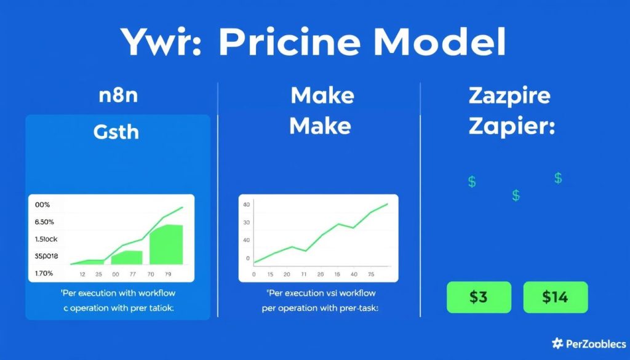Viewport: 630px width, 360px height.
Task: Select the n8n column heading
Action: tap(118, 97)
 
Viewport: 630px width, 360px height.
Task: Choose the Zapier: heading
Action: tap(512, 127)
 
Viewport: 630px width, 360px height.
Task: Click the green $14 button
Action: tap(555, 297)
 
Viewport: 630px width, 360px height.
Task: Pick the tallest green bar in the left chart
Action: tap(166, 244)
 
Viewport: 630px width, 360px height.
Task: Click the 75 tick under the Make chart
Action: tap(370, 275)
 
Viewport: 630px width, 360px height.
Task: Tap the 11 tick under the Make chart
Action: tap(303, 275)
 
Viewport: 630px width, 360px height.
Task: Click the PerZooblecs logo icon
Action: tap(557, 343)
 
